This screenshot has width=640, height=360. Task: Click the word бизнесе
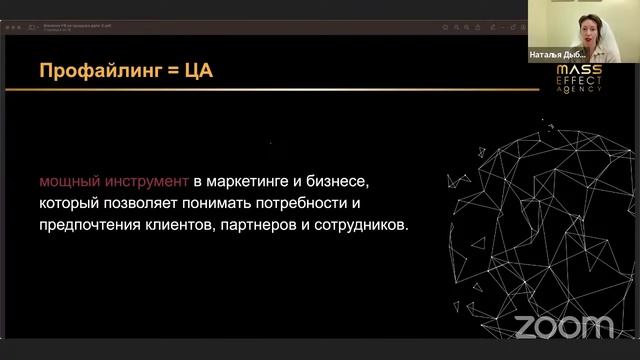tap(341, 182)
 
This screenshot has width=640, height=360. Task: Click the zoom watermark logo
tap(564, 326)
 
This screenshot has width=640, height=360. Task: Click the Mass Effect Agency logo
tap(579, 77)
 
